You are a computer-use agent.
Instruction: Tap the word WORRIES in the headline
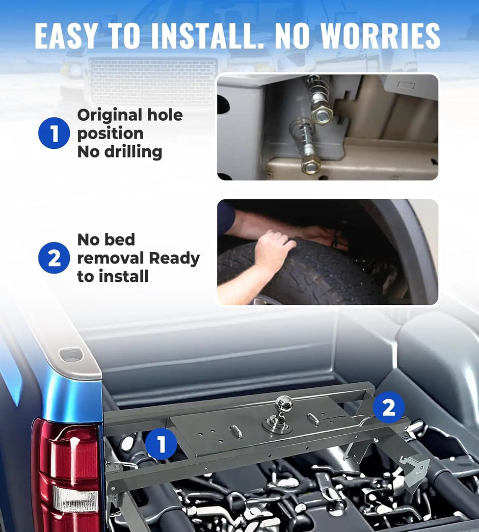click(380, 36)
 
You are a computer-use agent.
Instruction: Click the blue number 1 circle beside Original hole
click(54, 133)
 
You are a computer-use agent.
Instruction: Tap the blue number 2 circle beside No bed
click(54, 258)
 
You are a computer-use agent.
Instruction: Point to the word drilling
click(133, 151)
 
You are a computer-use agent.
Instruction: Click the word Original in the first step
click(110, 115)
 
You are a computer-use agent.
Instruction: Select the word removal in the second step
click(111, 258)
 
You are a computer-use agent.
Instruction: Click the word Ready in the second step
click(174, 259)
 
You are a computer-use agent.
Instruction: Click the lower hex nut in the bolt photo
click(310, 165)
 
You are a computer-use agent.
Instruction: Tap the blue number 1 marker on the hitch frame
click(161, 444)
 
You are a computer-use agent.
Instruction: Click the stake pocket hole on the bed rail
click(70, 355)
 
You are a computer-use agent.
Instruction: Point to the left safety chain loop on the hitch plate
click(236, 432)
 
